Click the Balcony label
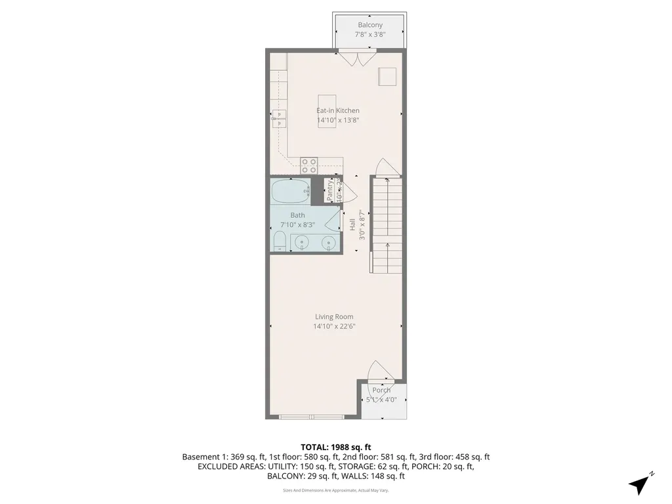pos(370,25)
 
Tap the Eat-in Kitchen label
pos(338,111)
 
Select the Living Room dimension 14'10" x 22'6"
pos(335,326)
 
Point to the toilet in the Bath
pos(279,241)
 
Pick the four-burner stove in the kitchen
pos(309,165)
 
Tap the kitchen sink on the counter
pos(280,118)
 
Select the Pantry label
pos(330,189)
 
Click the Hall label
pos(352,224)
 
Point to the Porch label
pos(381,390)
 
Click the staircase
pos(387,226)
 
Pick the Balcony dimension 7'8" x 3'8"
pos(370,34)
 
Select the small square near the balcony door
pos(388,76)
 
